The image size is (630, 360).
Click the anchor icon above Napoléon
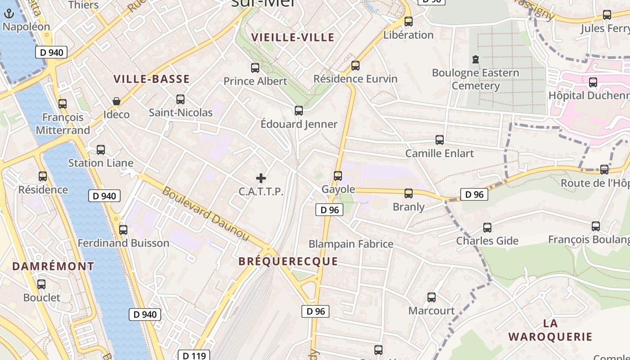9,14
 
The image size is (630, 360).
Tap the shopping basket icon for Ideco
117,101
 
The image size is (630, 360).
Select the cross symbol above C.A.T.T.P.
261,178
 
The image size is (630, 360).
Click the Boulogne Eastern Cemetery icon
475,59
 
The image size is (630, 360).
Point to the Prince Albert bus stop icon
255,68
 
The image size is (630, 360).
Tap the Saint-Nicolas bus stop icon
180,99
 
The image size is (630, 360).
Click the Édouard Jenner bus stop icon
299,111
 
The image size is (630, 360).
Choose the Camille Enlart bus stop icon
440,140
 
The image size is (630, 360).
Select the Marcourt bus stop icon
432,297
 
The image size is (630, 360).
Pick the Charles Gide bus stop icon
487,228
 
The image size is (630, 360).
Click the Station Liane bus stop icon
101,150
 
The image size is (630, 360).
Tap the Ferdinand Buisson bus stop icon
123,230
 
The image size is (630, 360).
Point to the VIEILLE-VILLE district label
293,37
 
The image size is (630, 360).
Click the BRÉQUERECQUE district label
288,261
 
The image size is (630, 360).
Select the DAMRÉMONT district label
53,266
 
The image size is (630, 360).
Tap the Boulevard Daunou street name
205,213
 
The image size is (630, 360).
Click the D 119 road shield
194,355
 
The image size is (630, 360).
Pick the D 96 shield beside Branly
474,194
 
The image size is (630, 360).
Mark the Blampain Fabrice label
351,244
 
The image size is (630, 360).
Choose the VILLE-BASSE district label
151,79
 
